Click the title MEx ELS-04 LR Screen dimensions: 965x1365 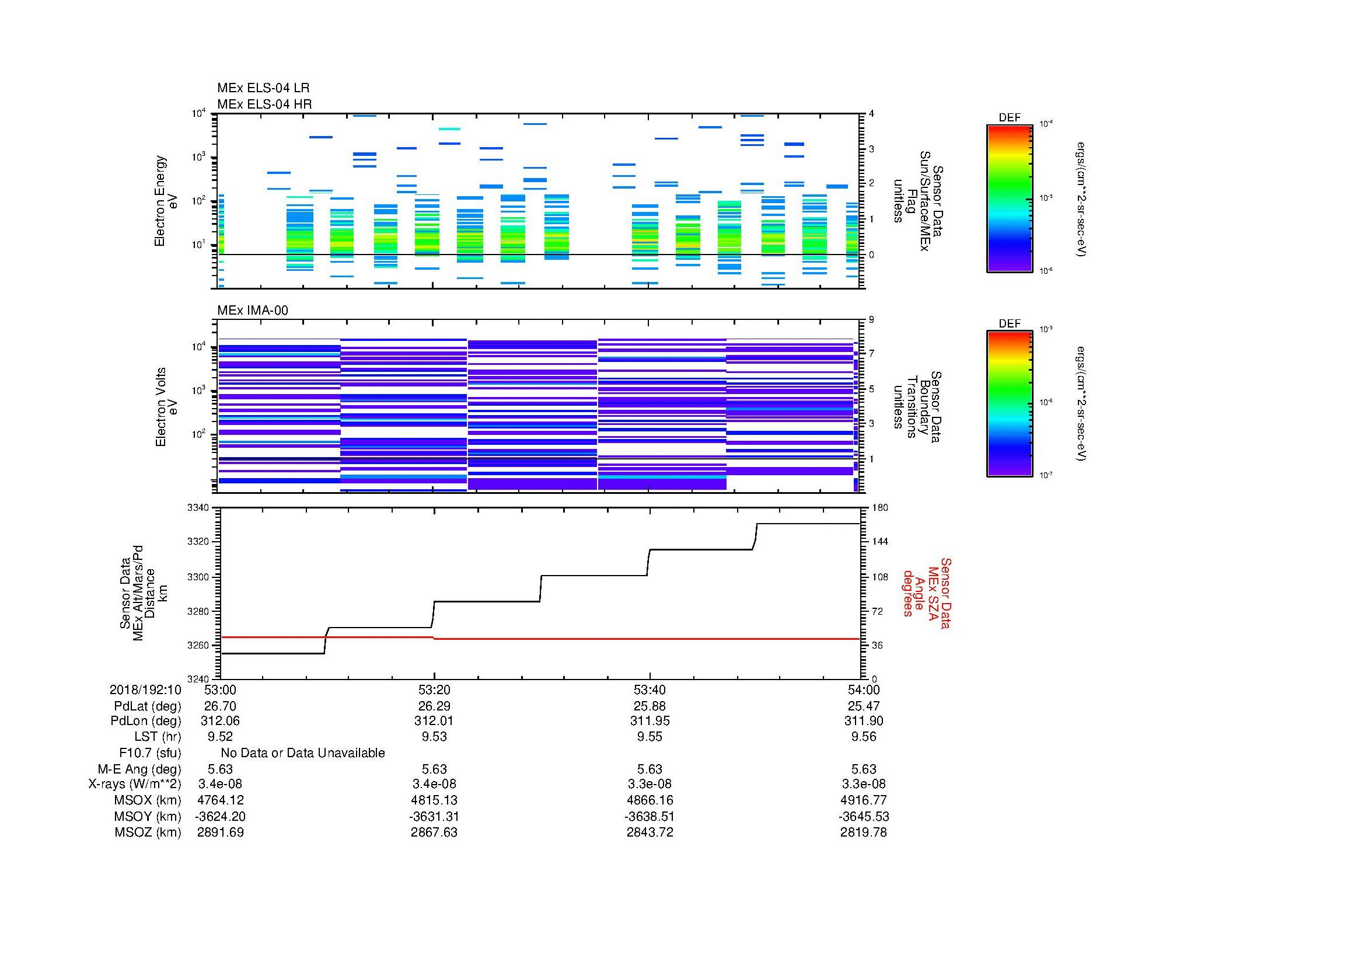coord(263,88)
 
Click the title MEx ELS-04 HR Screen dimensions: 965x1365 coord(264,104)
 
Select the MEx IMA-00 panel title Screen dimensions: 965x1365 coord(252,311)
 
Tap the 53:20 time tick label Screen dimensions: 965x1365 coord(434,689)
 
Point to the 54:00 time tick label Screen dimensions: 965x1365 coord(863,689)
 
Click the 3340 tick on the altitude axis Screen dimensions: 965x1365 coord(198,508)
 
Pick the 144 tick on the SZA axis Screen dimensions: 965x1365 coord(879,542)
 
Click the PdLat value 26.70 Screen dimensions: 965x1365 coord(220,706)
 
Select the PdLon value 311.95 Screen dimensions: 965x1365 coord(649,721)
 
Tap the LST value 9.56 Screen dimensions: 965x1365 coord(863,737)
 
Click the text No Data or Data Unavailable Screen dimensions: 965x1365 coord(303,753)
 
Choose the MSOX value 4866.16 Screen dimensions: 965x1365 coord(649,800)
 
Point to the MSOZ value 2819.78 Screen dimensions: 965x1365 coord(863,832)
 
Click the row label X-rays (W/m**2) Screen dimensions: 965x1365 coord(134,784)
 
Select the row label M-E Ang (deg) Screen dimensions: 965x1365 coord(139,769)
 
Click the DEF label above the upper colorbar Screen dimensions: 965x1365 coord(1010,118)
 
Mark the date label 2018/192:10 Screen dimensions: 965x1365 coord(145,689)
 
